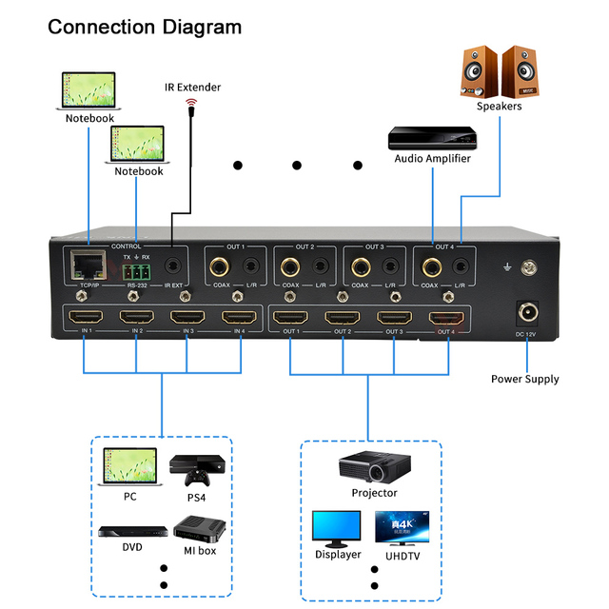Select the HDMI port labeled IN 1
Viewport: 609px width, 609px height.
(x=86, y=319)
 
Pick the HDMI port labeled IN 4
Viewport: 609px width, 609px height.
(x=239, y=319)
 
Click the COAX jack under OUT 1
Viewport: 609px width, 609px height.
(x=221, y=266)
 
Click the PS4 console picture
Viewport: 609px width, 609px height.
(x=187, y=467)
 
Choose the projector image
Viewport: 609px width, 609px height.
(x=373, y=466)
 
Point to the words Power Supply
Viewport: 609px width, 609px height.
(x=524, y=379)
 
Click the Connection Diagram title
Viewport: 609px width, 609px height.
(x=145, y=27)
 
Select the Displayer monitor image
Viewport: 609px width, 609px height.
(x=337, y=527)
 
